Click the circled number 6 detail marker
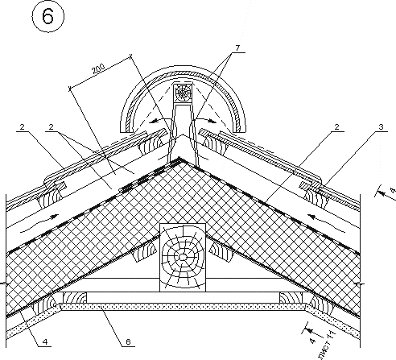point(48,16)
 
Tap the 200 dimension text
point(99,69)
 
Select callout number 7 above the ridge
point(237,48)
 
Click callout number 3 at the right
point(381,127)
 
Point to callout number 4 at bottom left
point(45,341)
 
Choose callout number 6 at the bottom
point(128,341)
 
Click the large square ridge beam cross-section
point(183,257)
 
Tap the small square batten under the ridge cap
point(183,93)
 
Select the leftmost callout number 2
point(23,127)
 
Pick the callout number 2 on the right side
point(337,127)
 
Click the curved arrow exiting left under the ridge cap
point(160,120)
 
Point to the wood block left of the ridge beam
point(144,252)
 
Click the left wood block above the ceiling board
point(75,298)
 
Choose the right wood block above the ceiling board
point(291,298)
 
